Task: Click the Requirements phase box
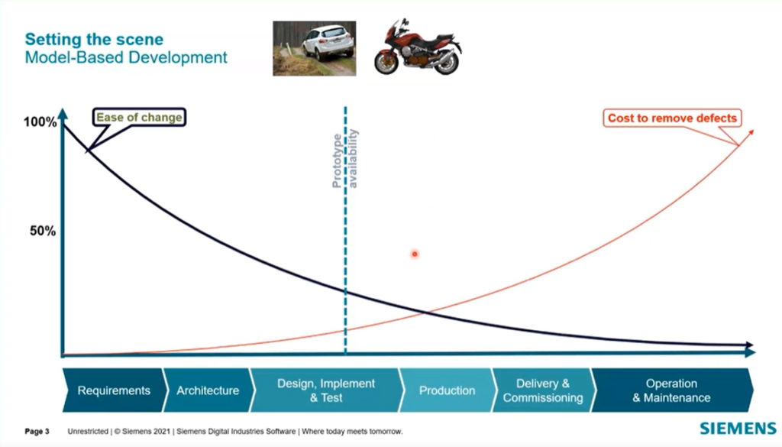tap(114, 390)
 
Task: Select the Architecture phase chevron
tap(208, 390)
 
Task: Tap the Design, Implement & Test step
tap(325, 390)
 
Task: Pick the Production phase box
tap(447, 390)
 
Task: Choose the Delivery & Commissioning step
tap(542, 390)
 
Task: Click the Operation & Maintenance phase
tap(671, 390)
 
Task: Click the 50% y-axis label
tap(43, 232)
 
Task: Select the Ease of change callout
tap(138, 117)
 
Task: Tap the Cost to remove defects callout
tap(672, 118)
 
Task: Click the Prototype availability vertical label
tap(344, 159)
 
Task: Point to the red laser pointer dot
tap(415, 254)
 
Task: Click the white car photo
tap(314, 47)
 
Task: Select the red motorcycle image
tap(418, 47)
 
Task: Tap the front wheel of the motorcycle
tap(388, 62)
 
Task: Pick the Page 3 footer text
tap(37, 432)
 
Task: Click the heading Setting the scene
tap(94, 38)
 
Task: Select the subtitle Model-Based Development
tap(126, 57)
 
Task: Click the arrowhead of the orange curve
tap(751, 132)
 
